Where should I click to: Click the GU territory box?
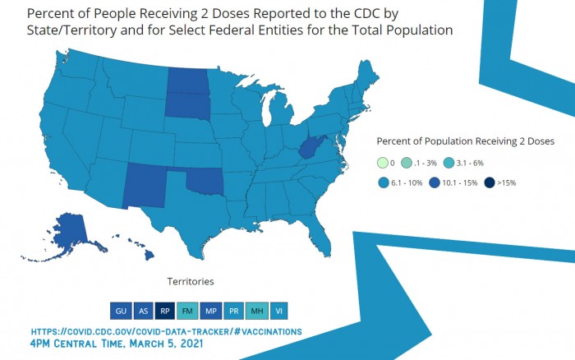(x=120, y=311)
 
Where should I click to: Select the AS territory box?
(x=143, y=311)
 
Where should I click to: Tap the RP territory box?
(x=165, y=311)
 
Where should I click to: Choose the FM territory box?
(x=188, y=311)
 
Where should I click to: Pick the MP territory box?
(x=211, y=311)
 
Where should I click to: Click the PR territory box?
(x=233, y=311)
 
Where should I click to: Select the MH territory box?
(x=256, y=311)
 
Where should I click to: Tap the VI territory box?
(x=279, y=311)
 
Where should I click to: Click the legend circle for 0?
(x=383, y=162)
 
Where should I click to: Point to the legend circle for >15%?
(x=489, y=182)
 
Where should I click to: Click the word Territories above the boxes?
(x=191, y=281)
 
